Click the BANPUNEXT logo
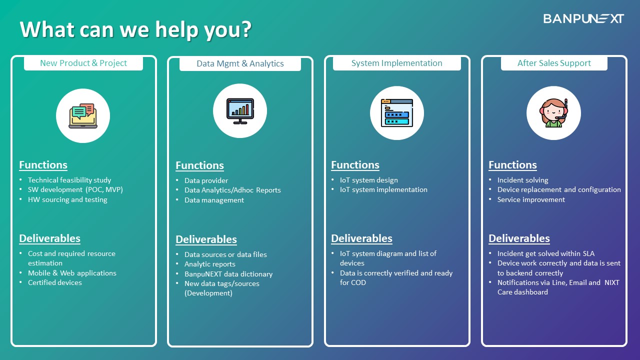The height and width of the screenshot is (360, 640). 583,18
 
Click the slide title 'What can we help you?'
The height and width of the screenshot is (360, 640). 135,29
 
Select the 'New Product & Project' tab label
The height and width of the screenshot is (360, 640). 83,63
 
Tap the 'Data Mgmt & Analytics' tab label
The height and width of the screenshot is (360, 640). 240,63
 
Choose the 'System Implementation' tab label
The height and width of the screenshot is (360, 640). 396,63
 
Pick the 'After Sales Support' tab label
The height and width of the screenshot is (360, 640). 554,63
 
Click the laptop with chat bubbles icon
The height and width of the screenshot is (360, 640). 83,115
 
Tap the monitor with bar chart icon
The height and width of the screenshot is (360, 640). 240,111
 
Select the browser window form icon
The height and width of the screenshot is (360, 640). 397,113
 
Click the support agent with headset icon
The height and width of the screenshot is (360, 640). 553,113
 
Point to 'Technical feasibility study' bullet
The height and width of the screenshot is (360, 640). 69,180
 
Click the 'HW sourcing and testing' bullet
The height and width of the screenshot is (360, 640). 67,199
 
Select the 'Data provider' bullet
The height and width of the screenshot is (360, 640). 206,180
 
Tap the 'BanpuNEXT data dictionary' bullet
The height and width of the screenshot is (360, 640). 228,274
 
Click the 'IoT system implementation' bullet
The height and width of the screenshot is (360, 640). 383,189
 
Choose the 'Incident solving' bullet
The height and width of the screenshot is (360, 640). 522,180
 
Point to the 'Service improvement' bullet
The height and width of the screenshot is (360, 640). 531,199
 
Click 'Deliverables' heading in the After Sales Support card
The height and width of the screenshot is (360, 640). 519,238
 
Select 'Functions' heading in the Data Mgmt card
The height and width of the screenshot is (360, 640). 199,165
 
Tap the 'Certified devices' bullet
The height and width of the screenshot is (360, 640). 54,282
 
